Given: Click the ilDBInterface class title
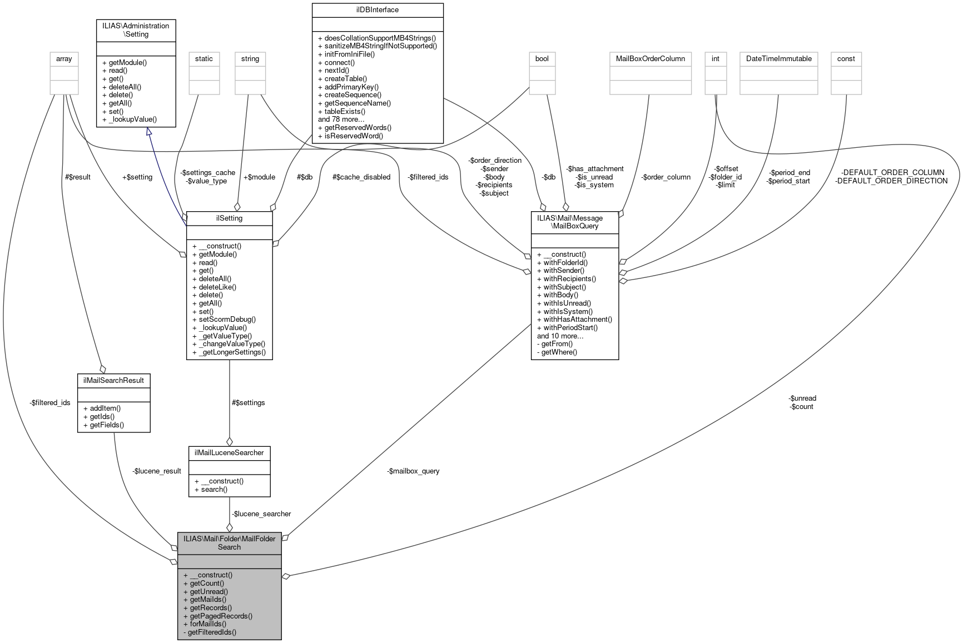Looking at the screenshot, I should (x=378, y=9).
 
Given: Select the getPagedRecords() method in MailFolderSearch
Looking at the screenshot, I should (x=221, y=616).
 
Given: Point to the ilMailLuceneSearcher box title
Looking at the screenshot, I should (x=229, y=452).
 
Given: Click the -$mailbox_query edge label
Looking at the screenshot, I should (x=413, y=471).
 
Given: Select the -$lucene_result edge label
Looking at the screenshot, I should (x=157, y=471).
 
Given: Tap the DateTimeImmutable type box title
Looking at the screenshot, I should (x=778, y=58).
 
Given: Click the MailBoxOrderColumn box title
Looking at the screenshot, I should (x=651, y=58).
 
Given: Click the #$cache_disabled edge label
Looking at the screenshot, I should (x=361, y=177).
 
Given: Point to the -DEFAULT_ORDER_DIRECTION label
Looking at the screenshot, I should (x=891, y=181).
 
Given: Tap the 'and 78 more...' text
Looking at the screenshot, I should (x=341, y=119).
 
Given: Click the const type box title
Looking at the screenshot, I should (x=846, y=58).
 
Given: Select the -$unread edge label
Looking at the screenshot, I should (x=802, y=398).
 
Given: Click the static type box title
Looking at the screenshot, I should (x=203, y=58).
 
